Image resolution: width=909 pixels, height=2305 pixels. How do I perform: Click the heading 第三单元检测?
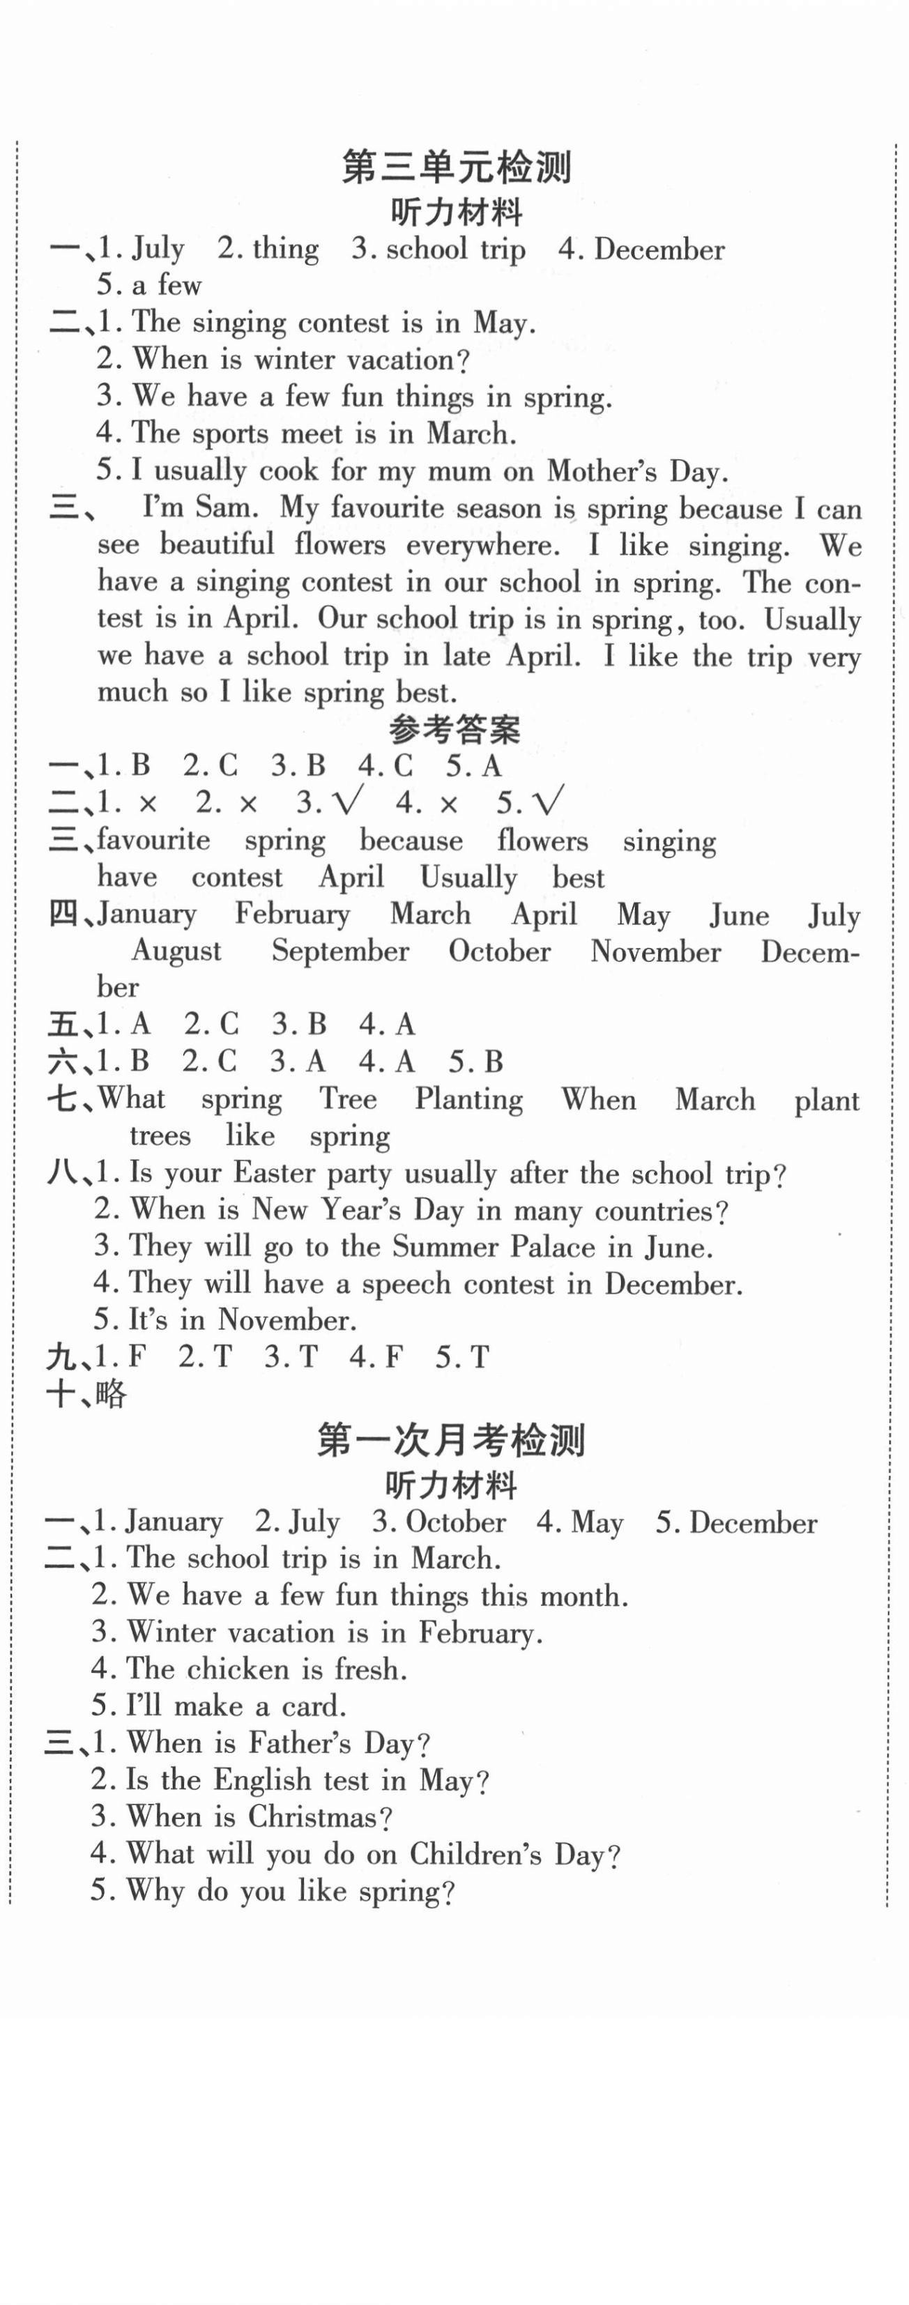click(457, 167)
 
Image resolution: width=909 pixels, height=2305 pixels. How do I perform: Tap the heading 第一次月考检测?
click(451, 1441)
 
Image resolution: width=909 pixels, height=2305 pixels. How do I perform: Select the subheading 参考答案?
click(454, 730)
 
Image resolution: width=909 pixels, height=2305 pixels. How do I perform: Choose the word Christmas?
click(319, 1816)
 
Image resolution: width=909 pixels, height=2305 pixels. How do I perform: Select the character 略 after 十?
click(110, 1394)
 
